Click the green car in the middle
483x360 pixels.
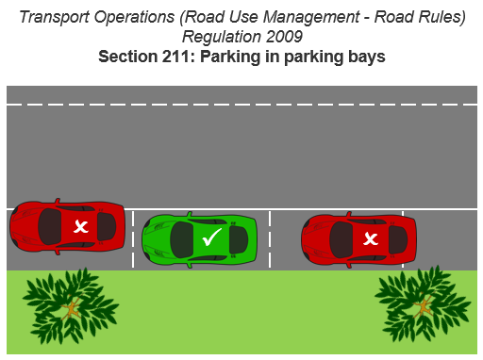click(199, 237)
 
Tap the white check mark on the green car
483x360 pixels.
click(211, 238)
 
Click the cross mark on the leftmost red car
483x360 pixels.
click(82, 226)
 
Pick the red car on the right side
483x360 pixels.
click(358, 238)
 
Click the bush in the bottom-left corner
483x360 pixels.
click(67, 303)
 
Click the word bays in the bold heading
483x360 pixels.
click(366, 57)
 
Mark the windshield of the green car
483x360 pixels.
click(183, 238)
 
